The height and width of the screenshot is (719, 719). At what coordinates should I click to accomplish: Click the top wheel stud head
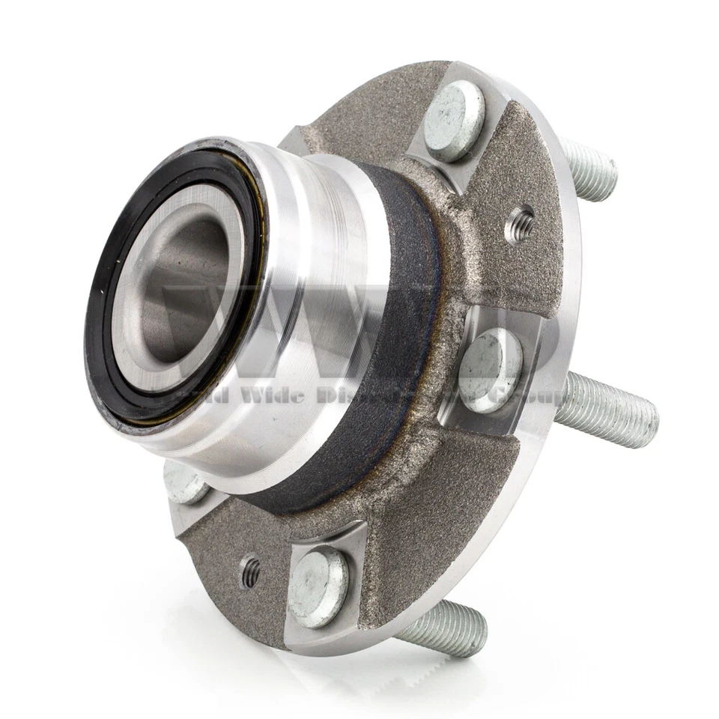(454, 121)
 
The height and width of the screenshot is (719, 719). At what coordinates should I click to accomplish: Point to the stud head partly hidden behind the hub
(184, 484)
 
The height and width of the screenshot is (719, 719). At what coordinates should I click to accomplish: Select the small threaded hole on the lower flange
(250, 574)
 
